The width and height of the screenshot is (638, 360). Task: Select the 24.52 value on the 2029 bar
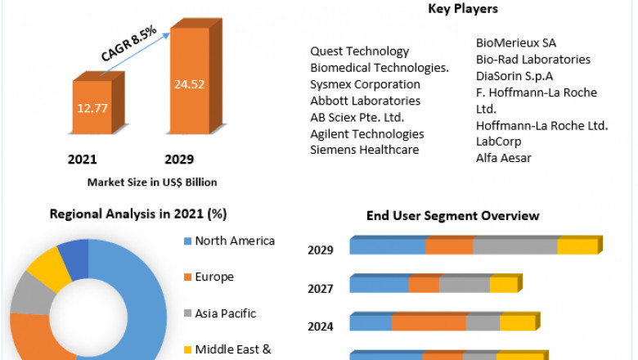(189, 83)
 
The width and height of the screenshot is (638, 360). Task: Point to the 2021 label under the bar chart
(82, 159)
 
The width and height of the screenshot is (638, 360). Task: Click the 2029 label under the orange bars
(179, 159)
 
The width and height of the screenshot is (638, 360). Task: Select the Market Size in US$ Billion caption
(152, 182)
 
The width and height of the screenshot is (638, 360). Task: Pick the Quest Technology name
(359, 52)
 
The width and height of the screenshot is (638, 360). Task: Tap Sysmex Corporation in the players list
(365, 84)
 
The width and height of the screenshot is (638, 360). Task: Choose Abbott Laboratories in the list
(365, 101)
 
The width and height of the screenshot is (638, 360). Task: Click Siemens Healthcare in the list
(364, 150)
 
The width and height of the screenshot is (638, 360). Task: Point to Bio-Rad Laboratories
(532, 59)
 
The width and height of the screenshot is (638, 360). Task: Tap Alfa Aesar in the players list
(503, 158)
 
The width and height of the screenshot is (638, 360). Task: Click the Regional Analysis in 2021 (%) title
(138, 214)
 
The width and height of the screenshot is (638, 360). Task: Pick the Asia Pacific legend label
(226, 313)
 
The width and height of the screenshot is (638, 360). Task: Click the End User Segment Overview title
(452, 216)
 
